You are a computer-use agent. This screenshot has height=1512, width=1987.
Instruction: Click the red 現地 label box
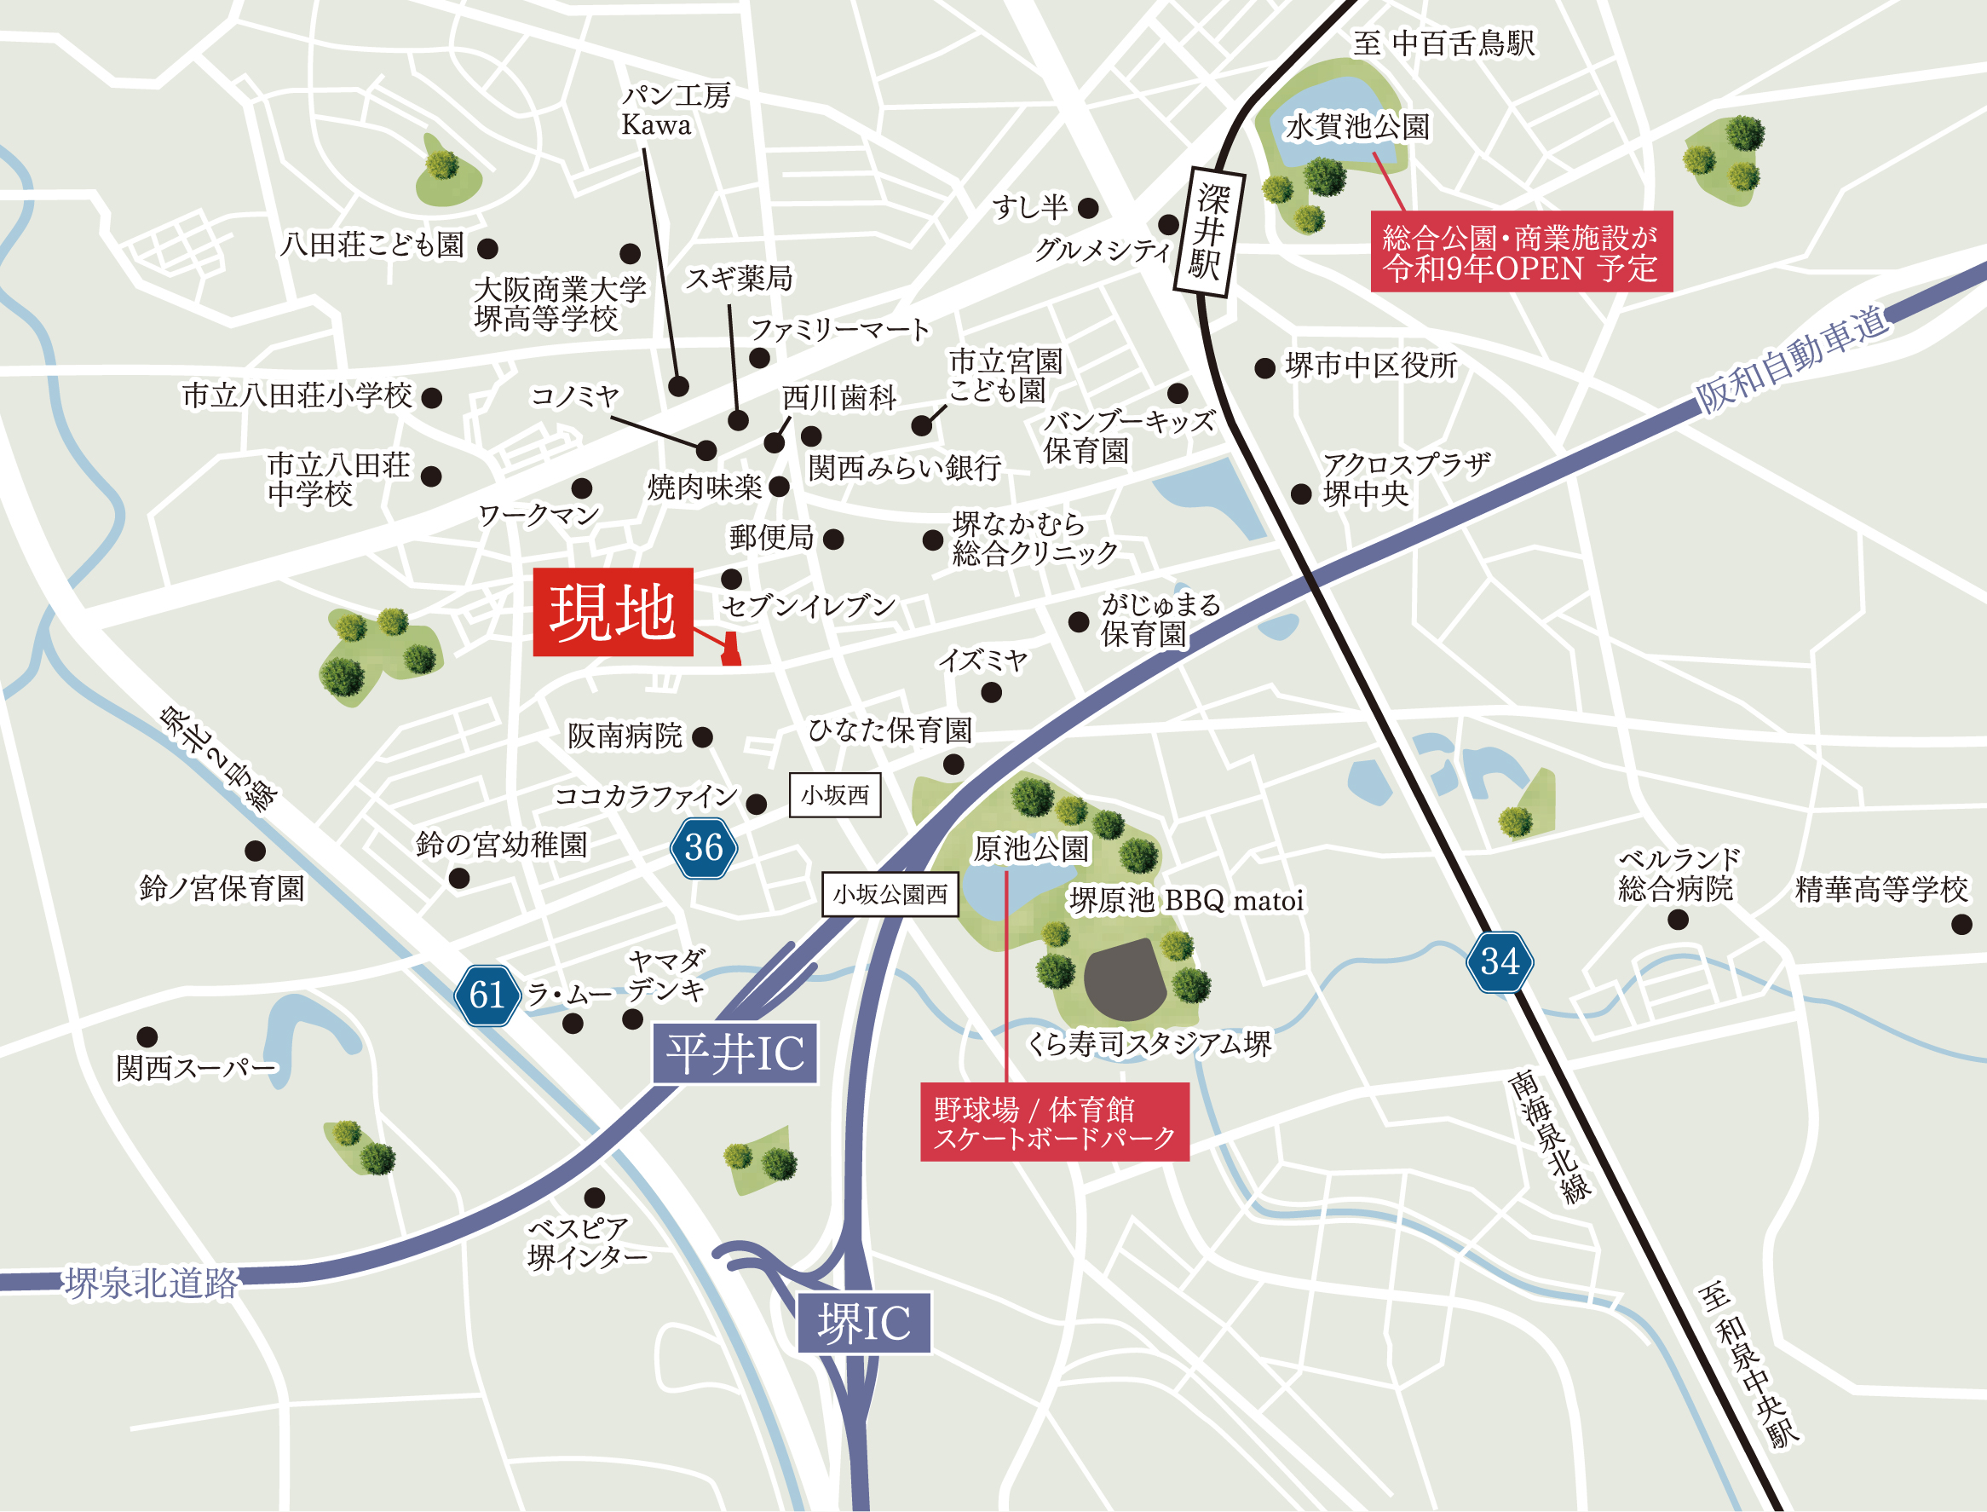coord(613,612)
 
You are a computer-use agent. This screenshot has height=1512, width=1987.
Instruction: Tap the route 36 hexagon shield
coord(704,847)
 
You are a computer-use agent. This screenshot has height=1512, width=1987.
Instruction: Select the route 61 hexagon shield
coord(487,995)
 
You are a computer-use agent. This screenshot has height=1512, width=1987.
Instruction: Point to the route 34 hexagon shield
coord(1500,961)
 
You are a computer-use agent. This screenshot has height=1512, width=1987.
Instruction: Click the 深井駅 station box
coord(1209,231)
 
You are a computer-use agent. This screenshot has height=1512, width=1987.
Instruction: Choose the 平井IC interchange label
coord(734,1053)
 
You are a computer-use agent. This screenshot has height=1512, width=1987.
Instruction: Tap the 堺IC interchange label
coord(863,1323)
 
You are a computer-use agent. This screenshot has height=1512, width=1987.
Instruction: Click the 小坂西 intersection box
coord(835,795)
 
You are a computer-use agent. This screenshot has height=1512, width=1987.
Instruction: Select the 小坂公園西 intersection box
coord(890,895)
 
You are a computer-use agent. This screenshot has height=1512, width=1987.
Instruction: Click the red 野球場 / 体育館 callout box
coord(1054,1122)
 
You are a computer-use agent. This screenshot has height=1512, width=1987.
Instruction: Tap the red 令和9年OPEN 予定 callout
coord(1521,252)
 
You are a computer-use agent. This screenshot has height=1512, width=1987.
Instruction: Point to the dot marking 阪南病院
coord(702,738)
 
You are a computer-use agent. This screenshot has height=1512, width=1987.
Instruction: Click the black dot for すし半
coord(1087,209)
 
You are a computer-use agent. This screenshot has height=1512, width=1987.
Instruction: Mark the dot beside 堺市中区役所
coord(1264,367)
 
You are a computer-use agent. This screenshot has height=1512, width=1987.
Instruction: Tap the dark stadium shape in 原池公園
coord(1126,980)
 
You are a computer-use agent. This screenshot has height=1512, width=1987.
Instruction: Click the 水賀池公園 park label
coord(1357,127)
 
